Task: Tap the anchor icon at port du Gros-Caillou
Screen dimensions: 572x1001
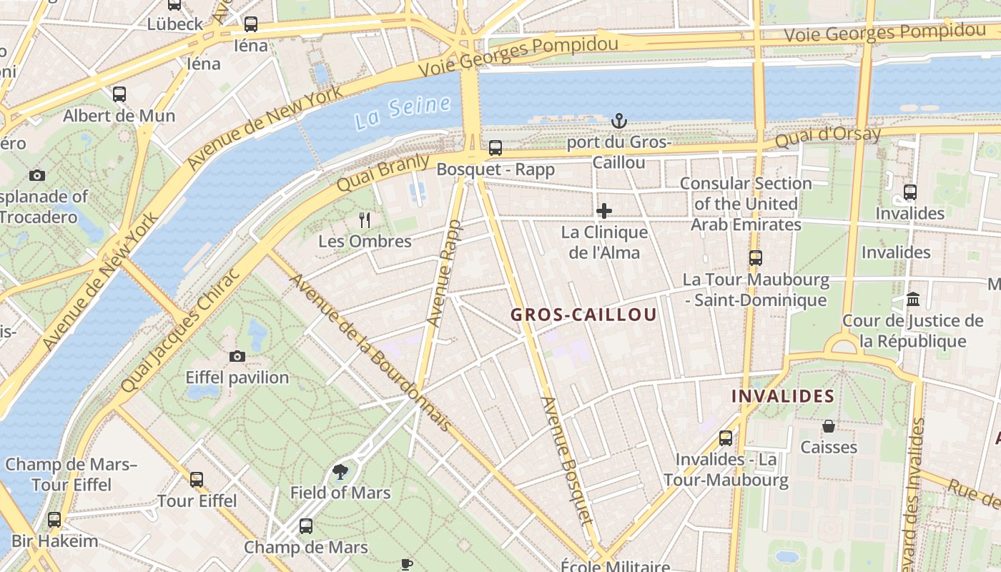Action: [x=619, y=121]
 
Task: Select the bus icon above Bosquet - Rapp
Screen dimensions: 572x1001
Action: [x=495, y=148]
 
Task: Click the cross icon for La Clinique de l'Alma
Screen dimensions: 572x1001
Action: [x=604, y=211]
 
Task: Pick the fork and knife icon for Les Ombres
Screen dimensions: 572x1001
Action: [x=365, y=220]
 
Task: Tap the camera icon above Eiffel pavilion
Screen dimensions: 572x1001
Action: [x=237, y=356]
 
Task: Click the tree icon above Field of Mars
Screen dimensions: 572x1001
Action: [x=340, y=471]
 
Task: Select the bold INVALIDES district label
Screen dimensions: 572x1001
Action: [x=783, y=395]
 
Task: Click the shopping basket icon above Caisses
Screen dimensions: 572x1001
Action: [x=829, y=426]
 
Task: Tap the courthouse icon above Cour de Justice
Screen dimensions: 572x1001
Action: [x=913, y=299]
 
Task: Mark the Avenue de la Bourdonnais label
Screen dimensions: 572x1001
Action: [x=370, y=352]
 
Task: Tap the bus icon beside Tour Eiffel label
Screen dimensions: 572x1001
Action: [x=197, y=479]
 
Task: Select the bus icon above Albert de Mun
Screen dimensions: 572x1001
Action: [x=119, y=94]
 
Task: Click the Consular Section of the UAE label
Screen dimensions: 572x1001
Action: [x=746, y=204]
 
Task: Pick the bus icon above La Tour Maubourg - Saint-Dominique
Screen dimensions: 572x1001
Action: [x=756, y=258]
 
